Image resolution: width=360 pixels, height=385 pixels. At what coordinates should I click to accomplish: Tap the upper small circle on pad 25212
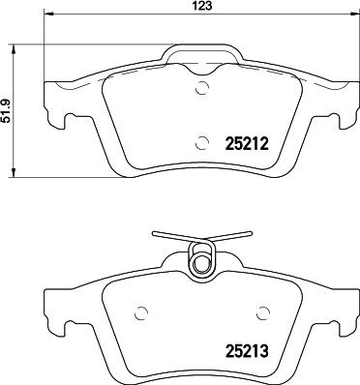[x=201, y=90]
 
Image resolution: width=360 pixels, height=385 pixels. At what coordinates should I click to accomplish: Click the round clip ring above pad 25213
[x=202, y=262]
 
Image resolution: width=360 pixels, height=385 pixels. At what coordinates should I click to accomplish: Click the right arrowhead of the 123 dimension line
[x=353, y=16]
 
